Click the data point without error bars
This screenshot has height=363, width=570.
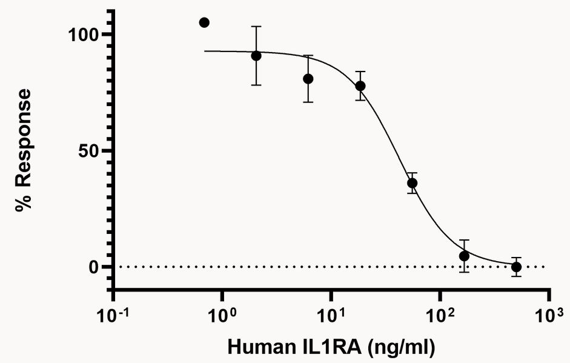[x=204, y=22]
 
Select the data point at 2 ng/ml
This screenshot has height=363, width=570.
[x=256, y=55]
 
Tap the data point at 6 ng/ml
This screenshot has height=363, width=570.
[x=308, y=79]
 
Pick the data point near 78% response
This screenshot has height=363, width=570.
[x=360, y=86]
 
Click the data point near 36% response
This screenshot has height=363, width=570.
[x=413, y=183]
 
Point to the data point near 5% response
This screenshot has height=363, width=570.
[x=464, y=256]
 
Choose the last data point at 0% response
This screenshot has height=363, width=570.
[x=516, y=267]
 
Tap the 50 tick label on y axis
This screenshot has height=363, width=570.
[x=90, y=151]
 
